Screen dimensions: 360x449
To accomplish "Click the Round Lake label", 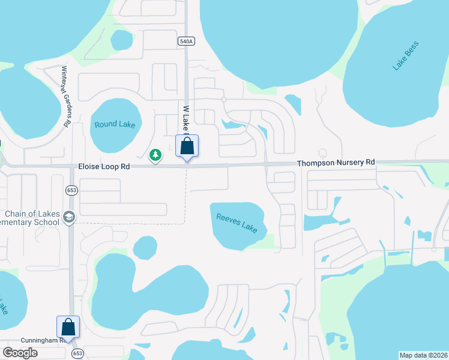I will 115,125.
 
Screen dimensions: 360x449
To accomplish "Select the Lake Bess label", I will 405,56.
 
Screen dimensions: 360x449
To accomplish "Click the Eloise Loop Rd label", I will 104,166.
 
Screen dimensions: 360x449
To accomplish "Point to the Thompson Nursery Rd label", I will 336,163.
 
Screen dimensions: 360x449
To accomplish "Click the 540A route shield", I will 186,41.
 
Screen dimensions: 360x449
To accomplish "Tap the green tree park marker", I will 155,155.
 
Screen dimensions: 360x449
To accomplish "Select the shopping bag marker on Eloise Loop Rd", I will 187,146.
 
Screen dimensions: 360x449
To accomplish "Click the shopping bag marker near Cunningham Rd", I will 68,327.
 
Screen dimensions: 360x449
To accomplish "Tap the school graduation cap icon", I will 69,217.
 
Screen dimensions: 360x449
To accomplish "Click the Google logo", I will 20,353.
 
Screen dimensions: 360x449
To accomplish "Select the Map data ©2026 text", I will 423,355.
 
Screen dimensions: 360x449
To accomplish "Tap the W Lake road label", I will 186,118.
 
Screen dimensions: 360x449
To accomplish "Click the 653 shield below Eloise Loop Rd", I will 71,190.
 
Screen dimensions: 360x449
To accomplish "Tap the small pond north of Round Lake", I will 121,40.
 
